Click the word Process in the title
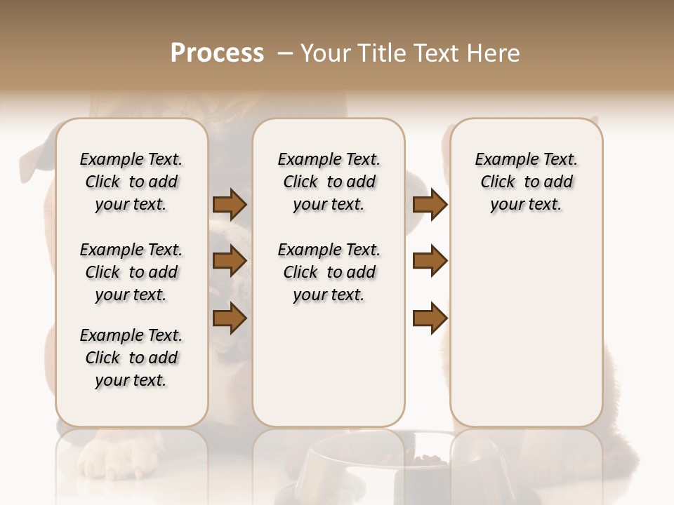217,53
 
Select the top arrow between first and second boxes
230,204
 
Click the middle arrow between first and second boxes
230,261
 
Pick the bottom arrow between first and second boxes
230,318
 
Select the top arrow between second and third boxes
430,204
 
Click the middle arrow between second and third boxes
430,261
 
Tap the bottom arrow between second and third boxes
430,318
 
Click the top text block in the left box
131,182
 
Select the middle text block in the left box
131,272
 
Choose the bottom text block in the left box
131,358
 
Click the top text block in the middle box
329,182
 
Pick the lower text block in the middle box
329,272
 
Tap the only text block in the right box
527,182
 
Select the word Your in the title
325,53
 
